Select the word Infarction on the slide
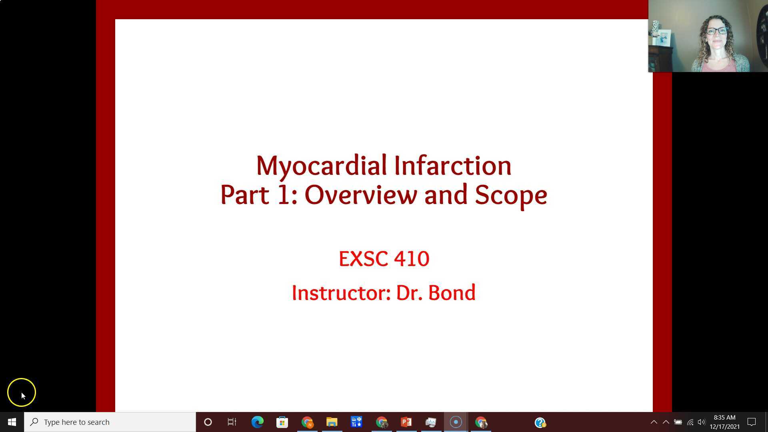point(453,165)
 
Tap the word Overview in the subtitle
point(360,195)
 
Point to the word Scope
point(511,196)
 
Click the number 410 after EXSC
point(412,259)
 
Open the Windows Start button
point(12,422)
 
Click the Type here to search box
point(110,422)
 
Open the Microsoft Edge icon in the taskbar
point(257,422)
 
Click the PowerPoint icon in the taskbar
point(406,422)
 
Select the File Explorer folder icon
point(332,422)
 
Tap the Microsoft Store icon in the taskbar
point(282,422)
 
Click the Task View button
point(232,422)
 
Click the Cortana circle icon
point(208,422)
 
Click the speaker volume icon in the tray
point(701,422)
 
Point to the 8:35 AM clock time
point(724,418)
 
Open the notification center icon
point(752,422)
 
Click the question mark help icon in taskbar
point(540,422)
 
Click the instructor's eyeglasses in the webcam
point(716,31)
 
